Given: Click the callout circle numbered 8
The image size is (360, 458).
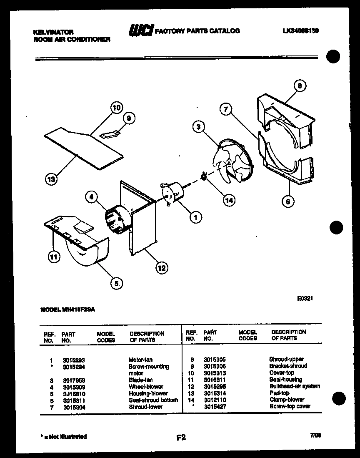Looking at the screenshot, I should click(299, 86).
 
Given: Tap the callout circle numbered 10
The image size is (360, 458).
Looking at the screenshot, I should click(117, 108).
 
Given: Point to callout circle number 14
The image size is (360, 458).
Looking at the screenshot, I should click(228, 200).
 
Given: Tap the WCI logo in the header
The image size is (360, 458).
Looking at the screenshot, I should click(140, 31).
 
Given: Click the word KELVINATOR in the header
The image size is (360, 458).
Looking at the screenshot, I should click(53, 32).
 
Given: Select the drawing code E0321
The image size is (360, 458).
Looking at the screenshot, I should click(305, 298).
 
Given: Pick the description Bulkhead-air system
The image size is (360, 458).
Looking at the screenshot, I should click(295, 386).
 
